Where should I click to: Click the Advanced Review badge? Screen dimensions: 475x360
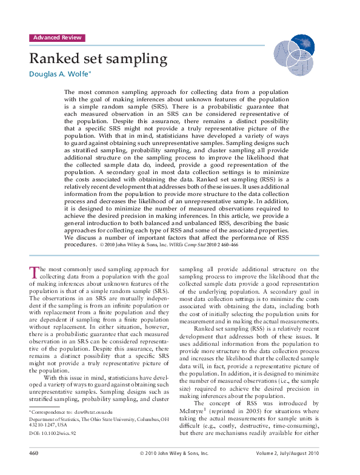tap(57, 38)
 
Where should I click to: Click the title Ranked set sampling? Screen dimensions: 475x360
tap(98, 59)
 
